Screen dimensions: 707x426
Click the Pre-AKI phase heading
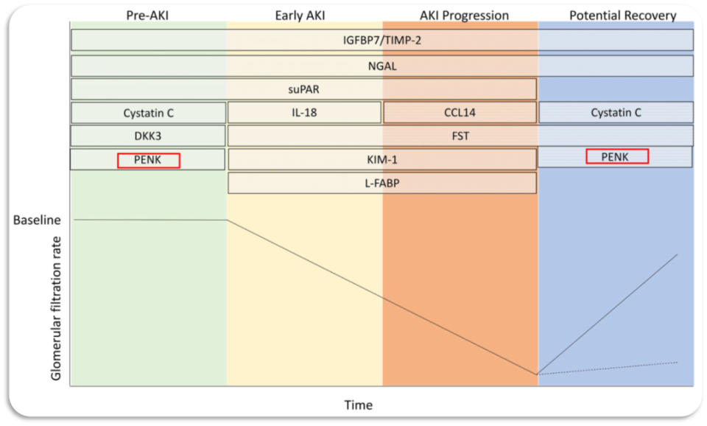point(147,15)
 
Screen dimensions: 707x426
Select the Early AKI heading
point(300,15)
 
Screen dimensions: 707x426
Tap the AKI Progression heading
point(464,15)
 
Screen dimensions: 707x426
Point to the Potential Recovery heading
point(623,15)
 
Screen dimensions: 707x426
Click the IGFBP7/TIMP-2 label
point(382,41)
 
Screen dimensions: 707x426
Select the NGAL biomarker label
point(382,66)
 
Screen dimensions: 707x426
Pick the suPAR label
point(303,89)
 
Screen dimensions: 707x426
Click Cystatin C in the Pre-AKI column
point(148,113)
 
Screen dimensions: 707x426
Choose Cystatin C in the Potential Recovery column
point(616,112)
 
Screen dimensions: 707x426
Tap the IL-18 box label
point(304,112)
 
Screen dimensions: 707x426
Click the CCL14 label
point(460,112)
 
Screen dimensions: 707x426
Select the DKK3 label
point(147,136)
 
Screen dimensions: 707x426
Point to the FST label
point(460,136)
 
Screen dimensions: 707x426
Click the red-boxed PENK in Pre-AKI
point(147,160)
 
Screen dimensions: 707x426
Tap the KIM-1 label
point(382,159)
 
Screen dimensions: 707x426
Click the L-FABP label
point(382,184)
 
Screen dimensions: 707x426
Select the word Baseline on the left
point(37,220)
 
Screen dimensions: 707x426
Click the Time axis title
point(359,405)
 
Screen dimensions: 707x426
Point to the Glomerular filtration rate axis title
point(56,308)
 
